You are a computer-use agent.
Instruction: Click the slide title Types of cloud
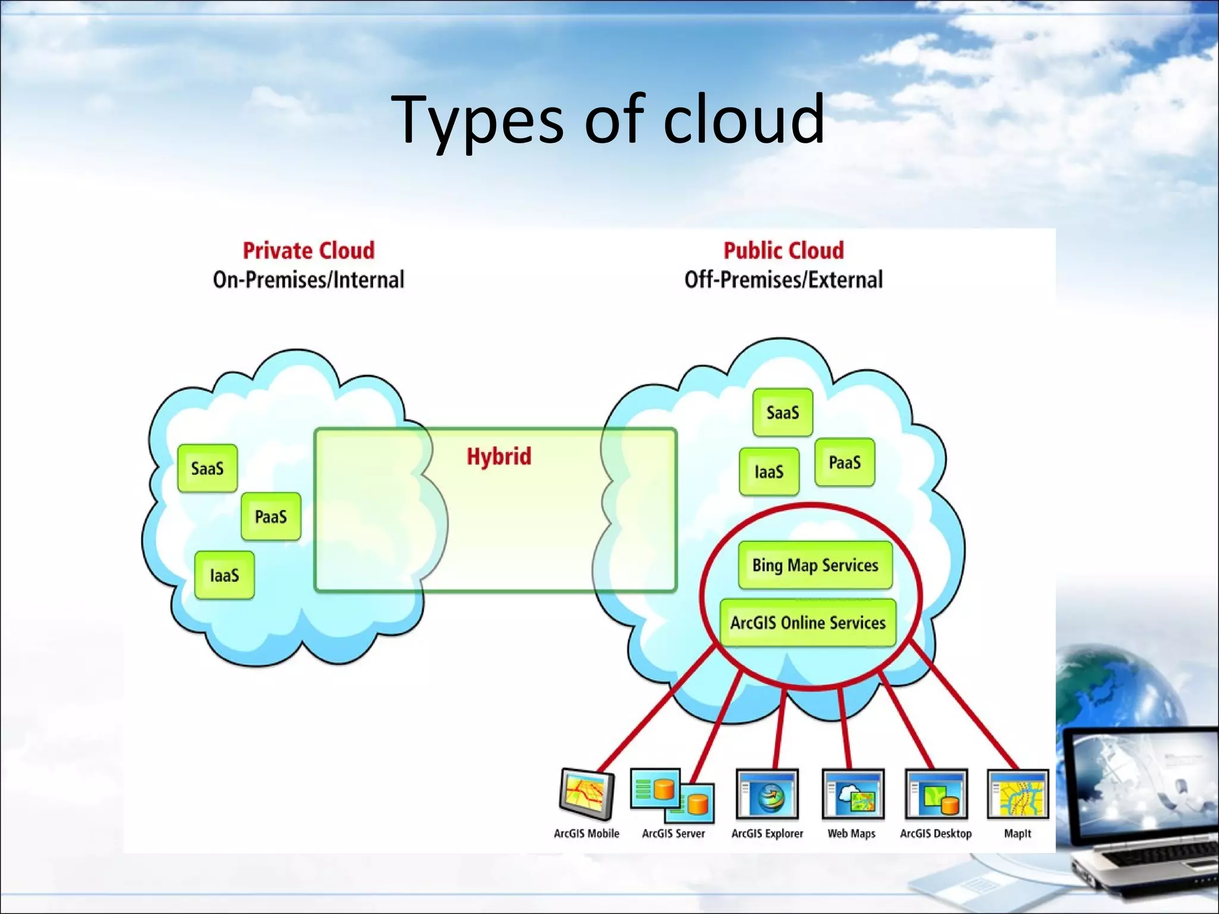click(608, 121)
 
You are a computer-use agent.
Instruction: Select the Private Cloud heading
click(308, 251)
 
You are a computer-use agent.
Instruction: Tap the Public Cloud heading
click(783, 251)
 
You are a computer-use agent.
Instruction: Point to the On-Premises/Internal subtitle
click(308, 280)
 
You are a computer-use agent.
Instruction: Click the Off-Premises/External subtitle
click(783, 280)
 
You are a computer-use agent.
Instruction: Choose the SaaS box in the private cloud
click(207, 468)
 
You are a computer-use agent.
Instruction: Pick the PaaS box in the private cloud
click(271, 517)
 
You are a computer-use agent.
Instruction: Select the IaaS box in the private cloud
click(224, 575)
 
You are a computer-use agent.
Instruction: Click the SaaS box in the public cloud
click(782, 412)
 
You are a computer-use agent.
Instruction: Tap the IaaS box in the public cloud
click(769, 472)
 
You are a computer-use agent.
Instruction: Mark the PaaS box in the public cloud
click(845, 462)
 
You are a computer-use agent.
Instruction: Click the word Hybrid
click(499, 456)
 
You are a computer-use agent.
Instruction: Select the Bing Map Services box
click(815, 565)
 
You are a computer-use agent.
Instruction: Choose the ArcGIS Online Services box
click(808, 622)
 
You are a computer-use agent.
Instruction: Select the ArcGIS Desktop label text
click(936, 834)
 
